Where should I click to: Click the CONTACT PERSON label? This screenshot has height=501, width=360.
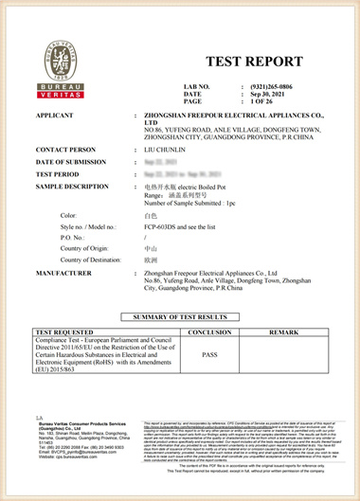(65, 150)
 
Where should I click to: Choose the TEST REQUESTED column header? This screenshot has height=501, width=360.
(69, 332)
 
